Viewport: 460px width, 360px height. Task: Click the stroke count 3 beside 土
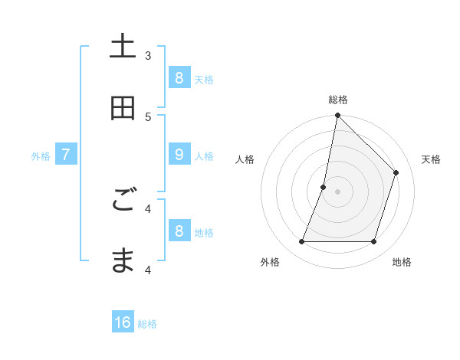[148, 55]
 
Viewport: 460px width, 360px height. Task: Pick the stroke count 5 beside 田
[148, 116]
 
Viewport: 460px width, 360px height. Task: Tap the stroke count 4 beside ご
[148, 208]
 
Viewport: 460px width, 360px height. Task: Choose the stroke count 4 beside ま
[148, 269]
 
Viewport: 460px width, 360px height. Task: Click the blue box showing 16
[123, 322]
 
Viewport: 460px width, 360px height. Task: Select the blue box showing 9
[179, 154]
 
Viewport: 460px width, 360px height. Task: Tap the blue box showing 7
[66, 154]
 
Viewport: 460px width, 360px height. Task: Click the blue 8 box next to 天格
[179, 77]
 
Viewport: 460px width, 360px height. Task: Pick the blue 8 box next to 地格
[179, 231]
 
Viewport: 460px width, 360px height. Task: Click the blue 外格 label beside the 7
[41, 155]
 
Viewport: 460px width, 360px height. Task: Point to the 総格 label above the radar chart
[337, 100]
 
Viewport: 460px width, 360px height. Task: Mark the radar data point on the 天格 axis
[396, 172]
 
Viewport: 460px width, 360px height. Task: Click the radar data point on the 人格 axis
[324, 187]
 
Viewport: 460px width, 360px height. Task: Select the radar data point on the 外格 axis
[301, 242]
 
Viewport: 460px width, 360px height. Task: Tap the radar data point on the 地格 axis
[373, 242]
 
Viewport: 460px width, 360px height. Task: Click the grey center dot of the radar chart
[337, 191]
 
